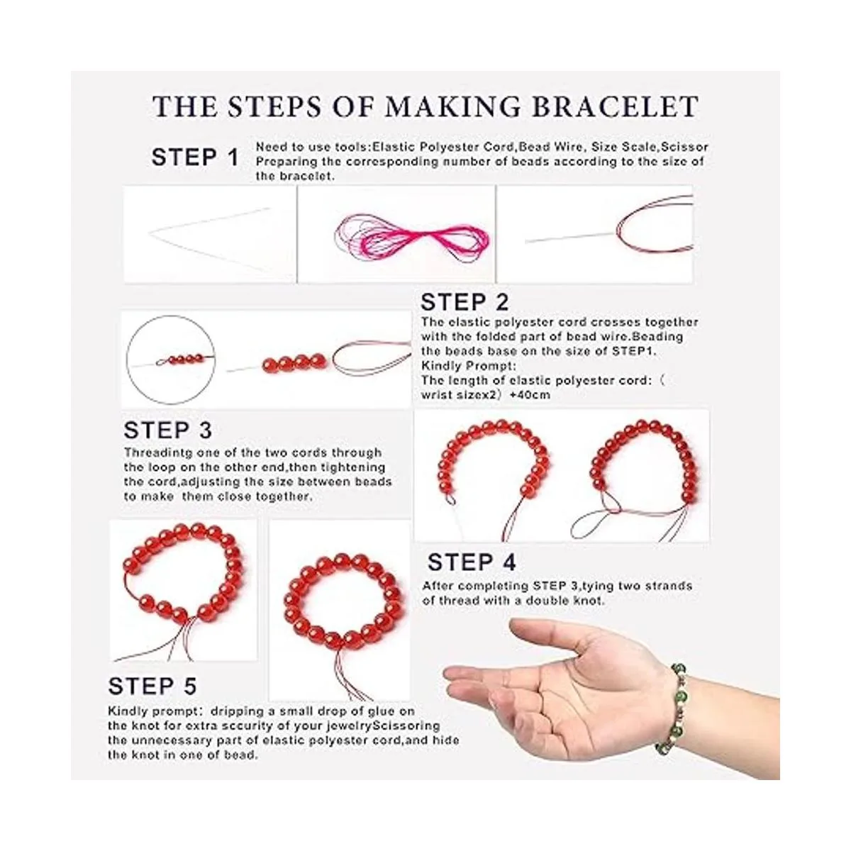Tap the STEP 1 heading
tap(195, 157)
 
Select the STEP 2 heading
tap(465, 303)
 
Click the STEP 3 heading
tap(168, 430)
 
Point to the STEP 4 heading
tap(472, 562)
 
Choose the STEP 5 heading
tap(152, 686)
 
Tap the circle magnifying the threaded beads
tap(171, 316)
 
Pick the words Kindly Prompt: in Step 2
tap(469, 366)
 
